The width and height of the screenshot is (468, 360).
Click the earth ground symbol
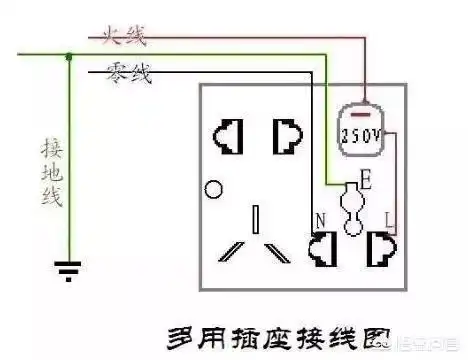[x=68, y=268]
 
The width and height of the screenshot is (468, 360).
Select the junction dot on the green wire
[x=68, y=58]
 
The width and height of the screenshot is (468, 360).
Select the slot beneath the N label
[x=323, y=247]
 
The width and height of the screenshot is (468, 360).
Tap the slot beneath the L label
[x=381, y=247]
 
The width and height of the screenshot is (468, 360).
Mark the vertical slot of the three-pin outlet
[x=257, y=220]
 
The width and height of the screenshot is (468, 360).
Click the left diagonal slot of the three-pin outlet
[x=234, y=250]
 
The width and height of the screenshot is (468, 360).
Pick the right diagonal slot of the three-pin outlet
[x=280, y=250]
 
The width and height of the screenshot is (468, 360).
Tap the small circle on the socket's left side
[x=210, y=189]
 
